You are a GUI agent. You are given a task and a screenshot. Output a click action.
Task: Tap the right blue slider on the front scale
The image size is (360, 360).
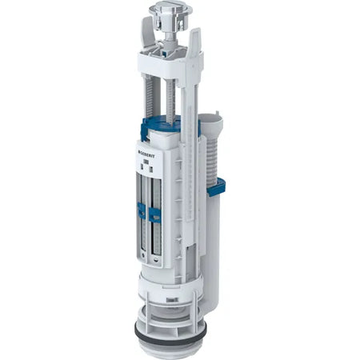pos(155,215)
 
